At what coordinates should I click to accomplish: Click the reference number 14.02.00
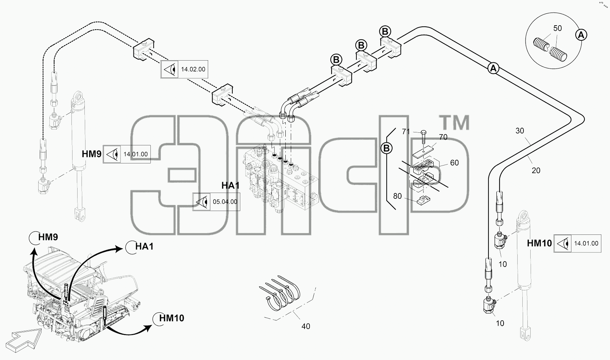(193, 70)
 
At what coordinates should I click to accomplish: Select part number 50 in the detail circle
(557, 28)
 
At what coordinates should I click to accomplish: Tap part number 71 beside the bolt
(406, 132)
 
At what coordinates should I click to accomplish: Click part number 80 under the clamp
(397, 196)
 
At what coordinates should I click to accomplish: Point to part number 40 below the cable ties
(306, 326)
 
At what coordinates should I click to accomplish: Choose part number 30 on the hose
(519, 131)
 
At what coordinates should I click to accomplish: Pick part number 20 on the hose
(536, 171)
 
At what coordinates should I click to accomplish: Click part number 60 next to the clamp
(455, 163)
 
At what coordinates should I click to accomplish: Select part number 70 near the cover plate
(443, 137)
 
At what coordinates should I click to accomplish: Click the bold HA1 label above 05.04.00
(231, 185)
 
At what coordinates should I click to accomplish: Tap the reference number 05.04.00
(225, 202)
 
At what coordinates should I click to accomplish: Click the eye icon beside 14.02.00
(170, 70)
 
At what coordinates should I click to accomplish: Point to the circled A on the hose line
(493, 68)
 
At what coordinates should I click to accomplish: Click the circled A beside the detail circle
(581, 35)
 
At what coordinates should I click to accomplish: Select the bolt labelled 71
(424, 137)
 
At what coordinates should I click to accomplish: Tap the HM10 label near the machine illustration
(172, 318)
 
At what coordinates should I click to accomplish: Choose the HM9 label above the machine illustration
(48, 237)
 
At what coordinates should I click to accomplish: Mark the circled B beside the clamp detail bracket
(386, 148)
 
